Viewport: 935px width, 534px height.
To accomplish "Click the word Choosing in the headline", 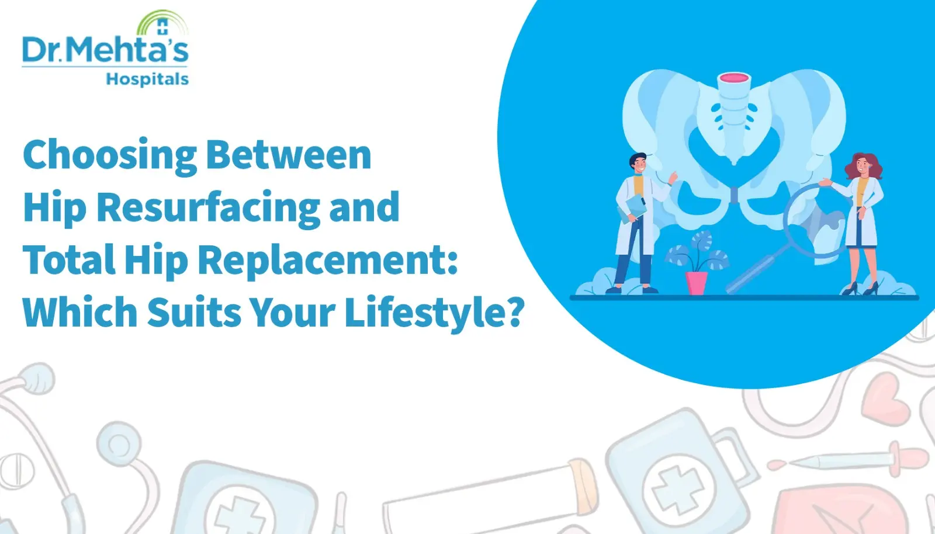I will pos(110,155).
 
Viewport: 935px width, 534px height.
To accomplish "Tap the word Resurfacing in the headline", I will pos(207,207).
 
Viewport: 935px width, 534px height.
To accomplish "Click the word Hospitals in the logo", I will pos(147,79).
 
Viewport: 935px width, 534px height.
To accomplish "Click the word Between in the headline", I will pos(289,155).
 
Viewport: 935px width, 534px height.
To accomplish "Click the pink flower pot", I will pos(697,282).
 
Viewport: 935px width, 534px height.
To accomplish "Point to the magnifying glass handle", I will pos(753,269).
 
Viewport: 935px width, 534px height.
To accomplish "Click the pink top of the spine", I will pos(733,78).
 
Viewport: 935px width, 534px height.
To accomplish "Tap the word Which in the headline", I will pos(79,312).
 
